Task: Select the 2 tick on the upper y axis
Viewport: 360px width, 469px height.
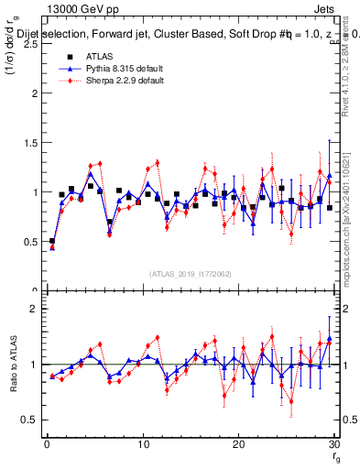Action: click(35, 93)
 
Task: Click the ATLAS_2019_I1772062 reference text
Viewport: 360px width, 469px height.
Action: click(190, 274)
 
